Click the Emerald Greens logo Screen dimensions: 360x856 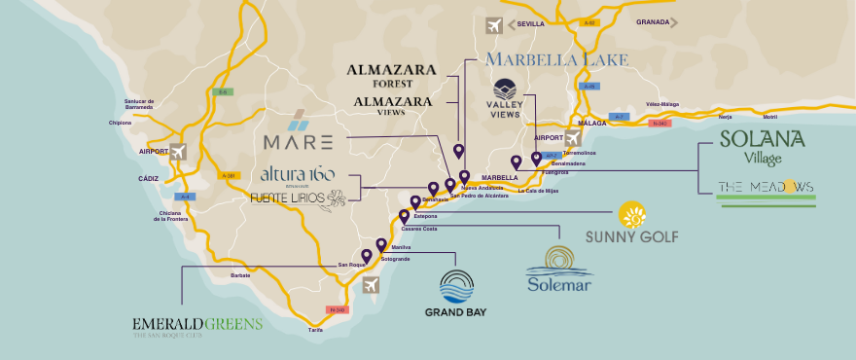tap(197, 324)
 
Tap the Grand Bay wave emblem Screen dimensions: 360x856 tap(455, 285)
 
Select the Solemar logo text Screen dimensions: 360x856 tap(558, 284)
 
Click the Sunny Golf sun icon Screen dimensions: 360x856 tap(633, 215)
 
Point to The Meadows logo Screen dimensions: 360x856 tap(766, 187)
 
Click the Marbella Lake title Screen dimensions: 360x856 tap(556, 60)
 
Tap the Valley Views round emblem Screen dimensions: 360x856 tap(505, 90)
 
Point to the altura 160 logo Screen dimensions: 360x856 tap(297, 175)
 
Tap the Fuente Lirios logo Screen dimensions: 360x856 tap(297, 198)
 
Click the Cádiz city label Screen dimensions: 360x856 tap(148, 179)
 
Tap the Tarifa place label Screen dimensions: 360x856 tap(314, 330)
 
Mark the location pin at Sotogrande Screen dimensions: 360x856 tap(381, 246)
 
